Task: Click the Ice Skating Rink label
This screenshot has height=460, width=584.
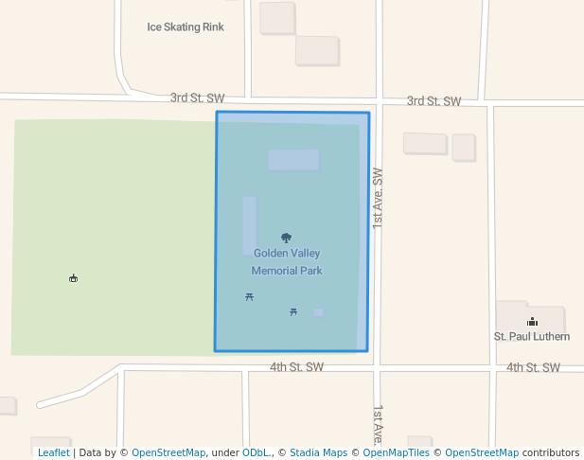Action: (x=186, y=27)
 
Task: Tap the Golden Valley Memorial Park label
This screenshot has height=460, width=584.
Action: (x=287, y=262)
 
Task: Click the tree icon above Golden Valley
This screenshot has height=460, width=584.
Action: (x=287, y=239)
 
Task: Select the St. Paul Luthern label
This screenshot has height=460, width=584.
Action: (x=532, y=336)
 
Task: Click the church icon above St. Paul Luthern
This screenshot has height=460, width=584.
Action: (x=532, y=322)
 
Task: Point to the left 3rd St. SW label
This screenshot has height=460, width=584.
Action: (x=197, y=97)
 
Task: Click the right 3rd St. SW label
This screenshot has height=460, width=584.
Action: (x=434, y=100)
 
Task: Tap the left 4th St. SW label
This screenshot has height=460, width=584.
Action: (x=296, y=366)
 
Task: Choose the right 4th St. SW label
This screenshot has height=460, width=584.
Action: (x=533, y=367)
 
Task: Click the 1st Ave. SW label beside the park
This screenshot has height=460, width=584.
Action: (x=378, y=197)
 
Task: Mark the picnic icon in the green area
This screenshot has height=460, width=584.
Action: (x=73, y=278)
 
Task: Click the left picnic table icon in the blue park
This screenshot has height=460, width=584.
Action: (x=249, y=297)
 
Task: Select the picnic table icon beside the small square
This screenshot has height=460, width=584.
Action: (x=293, y=311)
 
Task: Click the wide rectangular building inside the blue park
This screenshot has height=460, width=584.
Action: (x=293, y=160)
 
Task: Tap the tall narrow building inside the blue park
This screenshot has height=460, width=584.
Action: (x=249, y=225)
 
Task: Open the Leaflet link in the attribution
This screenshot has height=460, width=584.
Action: (x=54, y=452)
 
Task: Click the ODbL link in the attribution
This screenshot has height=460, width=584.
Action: (x=257, y=452)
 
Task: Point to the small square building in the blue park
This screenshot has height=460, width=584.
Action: (x=319, y=312)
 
